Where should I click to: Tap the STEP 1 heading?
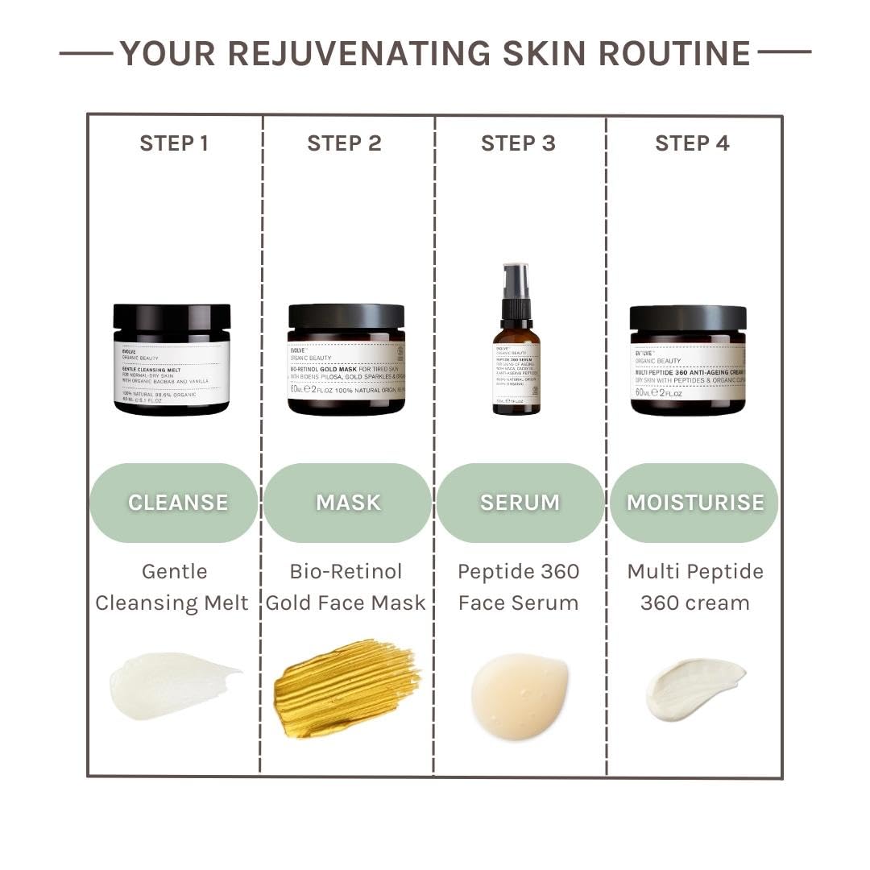pos(174,143)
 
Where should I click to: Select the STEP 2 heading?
pos(344,143)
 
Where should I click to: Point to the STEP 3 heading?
pos(518,143)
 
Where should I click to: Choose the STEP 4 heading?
pos(692,143)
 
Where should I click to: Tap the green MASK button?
pos(347,503)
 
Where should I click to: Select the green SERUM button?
pos(520,503)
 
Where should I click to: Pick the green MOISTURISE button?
pos(694,503)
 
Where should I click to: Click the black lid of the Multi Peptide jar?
pos(688,317)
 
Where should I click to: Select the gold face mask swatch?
pos(346,687)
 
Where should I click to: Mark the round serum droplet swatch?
pos(520,694)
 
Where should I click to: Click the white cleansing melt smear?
pos(171,685)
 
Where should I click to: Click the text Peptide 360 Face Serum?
pos(518,586)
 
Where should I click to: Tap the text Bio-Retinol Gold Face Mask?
pos(346,586)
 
